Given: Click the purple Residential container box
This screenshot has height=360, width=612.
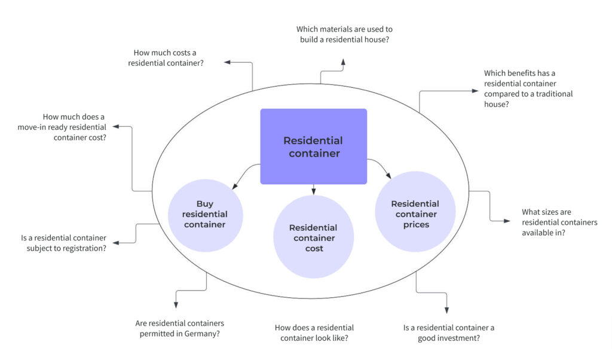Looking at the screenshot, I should point(313,146).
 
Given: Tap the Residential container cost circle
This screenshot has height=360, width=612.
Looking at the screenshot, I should point(314,237).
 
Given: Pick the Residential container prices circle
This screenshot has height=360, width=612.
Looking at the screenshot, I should point(415,214).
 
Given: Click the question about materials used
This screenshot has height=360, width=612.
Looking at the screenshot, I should point(344,34).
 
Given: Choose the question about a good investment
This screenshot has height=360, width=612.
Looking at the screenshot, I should point(448,332).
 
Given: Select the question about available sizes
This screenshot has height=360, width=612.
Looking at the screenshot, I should point(559,222).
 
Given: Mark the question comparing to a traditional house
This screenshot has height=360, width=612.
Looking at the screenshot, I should point(528,89).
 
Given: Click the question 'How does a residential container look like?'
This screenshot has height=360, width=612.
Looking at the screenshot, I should point(314,332).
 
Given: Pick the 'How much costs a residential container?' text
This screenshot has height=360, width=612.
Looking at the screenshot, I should point(166,57).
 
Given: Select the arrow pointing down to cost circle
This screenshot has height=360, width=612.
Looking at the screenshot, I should point(313,189).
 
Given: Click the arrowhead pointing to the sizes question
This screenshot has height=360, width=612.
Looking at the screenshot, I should point(507,221).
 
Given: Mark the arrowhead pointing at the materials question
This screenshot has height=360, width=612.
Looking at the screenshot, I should point(343,61).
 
